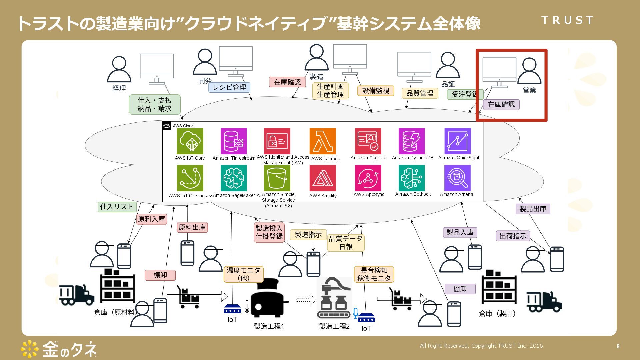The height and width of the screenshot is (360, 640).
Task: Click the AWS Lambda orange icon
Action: (x=322, y=141)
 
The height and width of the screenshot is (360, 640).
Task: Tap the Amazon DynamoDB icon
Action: (x=412, y=141)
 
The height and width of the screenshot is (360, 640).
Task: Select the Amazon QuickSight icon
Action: (x=457, y=141)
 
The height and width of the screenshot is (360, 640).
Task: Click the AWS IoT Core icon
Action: (x=190, y=141)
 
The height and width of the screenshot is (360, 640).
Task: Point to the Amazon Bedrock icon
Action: (x=412, y=178)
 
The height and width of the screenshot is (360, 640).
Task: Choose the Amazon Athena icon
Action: (x=457, y=178)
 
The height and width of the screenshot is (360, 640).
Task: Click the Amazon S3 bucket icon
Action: (x=277, y=178)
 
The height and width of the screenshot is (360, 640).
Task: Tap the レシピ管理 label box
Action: (x=229, y=87)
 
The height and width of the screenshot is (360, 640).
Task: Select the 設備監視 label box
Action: (x=376, y=91)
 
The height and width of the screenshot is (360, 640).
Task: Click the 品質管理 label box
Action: (x=420, y=93)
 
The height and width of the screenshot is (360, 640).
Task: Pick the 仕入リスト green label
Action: (x=117, y=207)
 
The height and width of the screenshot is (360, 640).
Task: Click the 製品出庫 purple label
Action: (x=533, y=209)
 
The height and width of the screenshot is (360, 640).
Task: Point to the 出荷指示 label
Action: (x=513, y=236)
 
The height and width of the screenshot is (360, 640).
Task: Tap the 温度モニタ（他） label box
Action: (x=243, y=274)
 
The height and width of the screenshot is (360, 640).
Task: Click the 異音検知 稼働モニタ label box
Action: (x=374, y=274)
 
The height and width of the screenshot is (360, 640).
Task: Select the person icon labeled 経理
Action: (x=119, y=69)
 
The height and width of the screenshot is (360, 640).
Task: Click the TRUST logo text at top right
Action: (x=567, y=20)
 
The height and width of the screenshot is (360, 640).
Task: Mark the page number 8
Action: (x=618, y=346)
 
